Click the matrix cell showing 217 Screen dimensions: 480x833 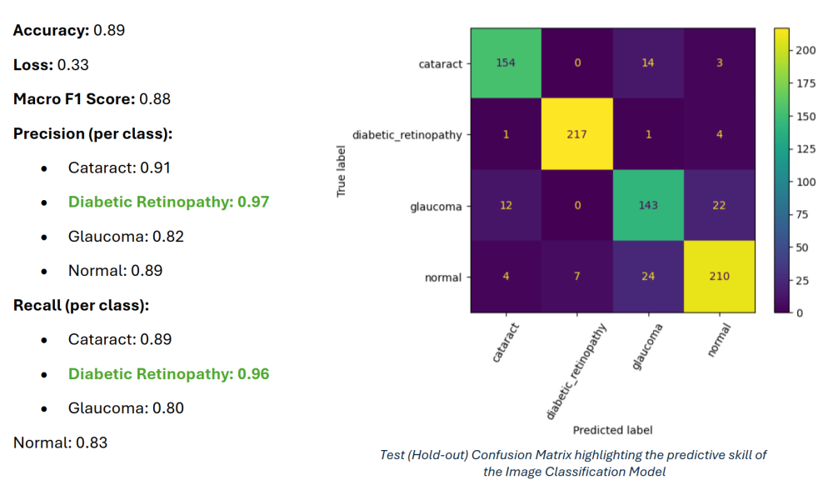(x=577, y=134)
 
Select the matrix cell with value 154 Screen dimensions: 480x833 (x=506, y=63)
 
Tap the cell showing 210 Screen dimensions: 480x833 (x=719, y=277)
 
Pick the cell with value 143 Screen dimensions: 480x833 (x=648, y=206)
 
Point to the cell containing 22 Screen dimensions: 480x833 (x=719, y=206)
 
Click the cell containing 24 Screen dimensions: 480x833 (x=648, y=277)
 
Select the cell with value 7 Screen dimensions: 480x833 (x=577, y=277)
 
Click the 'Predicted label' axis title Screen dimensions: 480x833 (x=612, y=430)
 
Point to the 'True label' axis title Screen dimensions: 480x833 (x=341, y=170)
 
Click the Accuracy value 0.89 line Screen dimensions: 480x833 (x=69, y=30)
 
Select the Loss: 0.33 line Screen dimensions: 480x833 (x=51, y=64)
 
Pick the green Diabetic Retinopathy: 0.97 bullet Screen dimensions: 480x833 (x=168, y=202)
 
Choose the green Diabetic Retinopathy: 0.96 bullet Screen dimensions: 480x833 (x=168, y=373)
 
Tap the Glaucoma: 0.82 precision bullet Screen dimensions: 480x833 (x=126, y=237)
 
